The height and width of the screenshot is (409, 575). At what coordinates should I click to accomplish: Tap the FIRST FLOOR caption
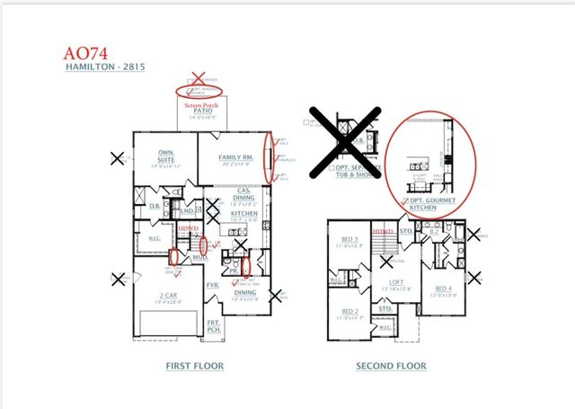click(194, 366)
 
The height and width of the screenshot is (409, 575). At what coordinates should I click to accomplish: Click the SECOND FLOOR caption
click(390, 366)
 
